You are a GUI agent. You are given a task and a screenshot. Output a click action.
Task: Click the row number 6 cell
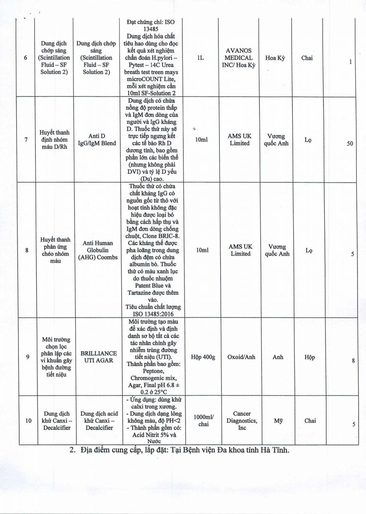pos(27,58)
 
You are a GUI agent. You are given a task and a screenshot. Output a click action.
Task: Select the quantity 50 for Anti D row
pos(350,143)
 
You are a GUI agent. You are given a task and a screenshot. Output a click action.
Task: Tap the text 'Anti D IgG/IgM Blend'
pos(97,140)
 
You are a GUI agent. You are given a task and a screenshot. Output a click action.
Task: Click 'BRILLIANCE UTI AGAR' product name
pos(99,357)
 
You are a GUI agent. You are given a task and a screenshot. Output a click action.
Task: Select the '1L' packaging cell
pos(200,58)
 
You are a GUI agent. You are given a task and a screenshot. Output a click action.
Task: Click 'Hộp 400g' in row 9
pos(203,357)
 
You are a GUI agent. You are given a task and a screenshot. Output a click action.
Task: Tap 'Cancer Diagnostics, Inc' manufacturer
pos(242,421)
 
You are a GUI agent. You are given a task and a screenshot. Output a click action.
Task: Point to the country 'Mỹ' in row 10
pos(278,421)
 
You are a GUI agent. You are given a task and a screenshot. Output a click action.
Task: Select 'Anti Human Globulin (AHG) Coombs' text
pos(97,250)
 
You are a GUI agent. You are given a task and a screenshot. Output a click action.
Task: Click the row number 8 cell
pos(27,250)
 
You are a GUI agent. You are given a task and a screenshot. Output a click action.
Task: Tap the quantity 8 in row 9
pos(353,361)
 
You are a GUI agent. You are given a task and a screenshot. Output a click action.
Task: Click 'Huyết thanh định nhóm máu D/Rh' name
pos(55,140)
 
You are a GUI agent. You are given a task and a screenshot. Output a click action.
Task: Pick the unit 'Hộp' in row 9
pos(309,357)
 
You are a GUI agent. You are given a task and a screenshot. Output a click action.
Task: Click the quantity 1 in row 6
pos(350,62)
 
